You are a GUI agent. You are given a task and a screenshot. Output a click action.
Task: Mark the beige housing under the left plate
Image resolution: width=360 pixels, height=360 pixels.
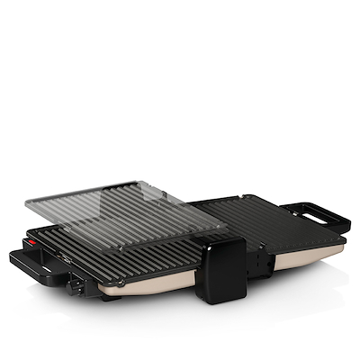coord(144,289)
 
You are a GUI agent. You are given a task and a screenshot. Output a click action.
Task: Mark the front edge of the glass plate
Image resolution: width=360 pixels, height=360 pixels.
coord(126,236)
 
